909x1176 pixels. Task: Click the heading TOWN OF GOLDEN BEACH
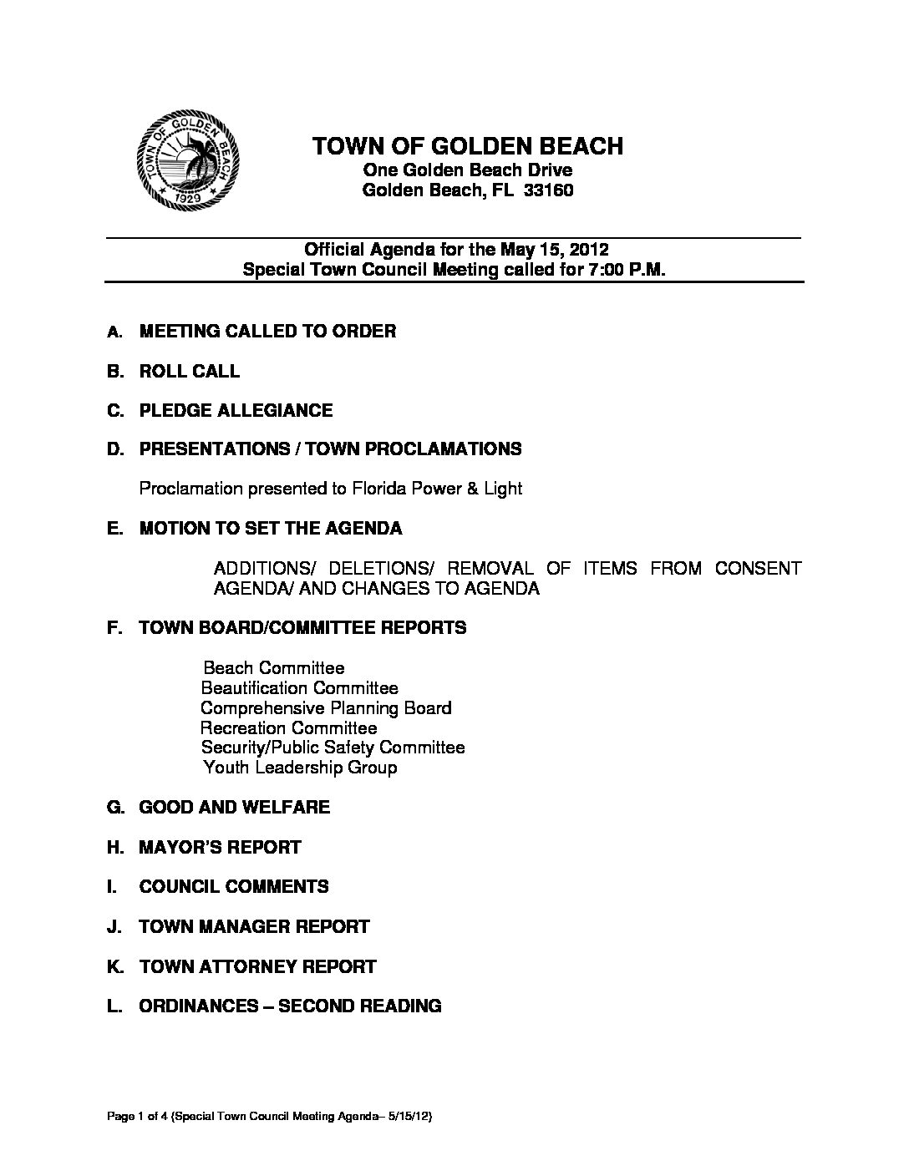coord(467,146)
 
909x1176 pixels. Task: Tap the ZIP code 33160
coord(548,190)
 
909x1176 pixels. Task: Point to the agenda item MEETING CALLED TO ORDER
coord(267,331)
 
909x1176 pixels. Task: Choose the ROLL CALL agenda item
coord(189,371)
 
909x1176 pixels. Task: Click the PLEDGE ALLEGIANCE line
coord(236,410)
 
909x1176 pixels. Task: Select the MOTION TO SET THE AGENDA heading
coord(270,528)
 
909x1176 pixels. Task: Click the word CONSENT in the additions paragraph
coord(758,569)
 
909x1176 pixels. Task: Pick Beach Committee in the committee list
coord(274,667)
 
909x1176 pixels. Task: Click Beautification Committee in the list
coord(300,687)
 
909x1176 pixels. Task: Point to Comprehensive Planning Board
coord(326,707)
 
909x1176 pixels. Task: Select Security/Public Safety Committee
coord(333,747)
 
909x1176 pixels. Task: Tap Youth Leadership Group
coord(300,767)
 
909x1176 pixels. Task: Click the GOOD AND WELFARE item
coord(234,807)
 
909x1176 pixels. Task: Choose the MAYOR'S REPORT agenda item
coord(220,847)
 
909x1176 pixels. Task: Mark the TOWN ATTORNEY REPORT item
coord(257,966)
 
